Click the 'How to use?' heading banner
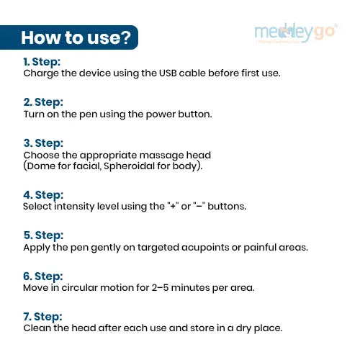pos(69,37)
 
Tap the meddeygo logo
pos(296,33)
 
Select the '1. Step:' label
pos(42,62)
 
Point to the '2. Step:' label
pos(43,102)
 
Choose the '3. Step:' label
pos(43,143)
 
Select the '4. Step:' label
pos(43,195)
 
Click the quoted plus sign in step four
pos(173,206)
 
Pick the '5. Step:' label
pos(43,235)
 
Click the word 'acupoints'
pos(205,248)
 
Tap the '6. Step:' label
pos(43,276)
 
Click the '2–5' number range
pos(160,287)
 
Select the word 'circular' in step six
pos(79,287)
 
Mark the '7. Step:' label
pos(42,317)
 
